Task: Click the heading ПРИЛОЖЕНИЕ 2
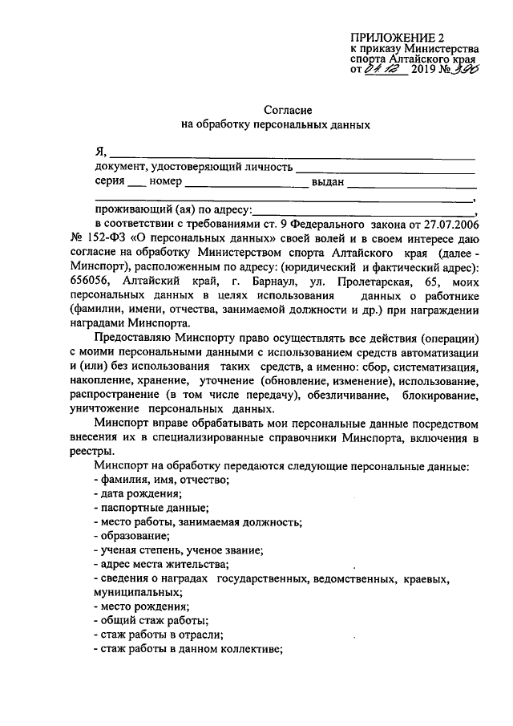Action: (396, 37)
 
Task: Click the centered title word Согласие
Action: (287, 109)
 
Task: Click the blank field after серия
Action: (137, 184)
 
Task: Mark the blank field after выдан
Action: (413, 184)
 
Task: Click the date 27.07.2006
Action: (451, 221)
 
